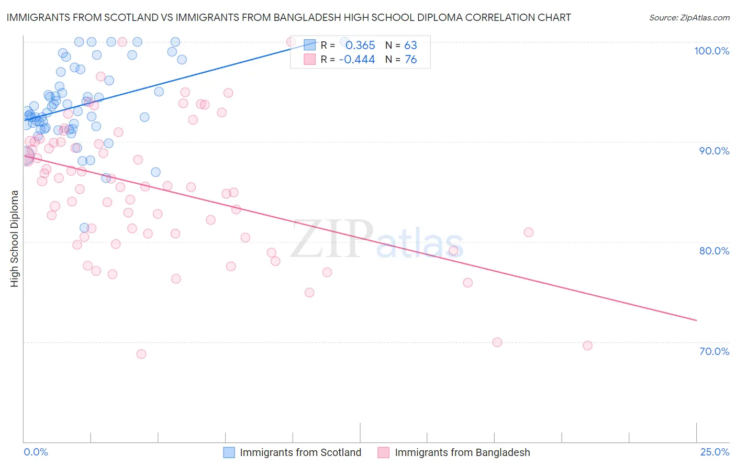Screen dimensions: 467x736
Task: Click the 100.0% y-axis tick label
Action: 711,51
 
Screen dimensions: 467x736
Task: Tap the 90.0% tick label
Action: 714,151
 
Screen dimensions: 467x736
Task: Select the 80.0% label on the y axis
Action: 714,251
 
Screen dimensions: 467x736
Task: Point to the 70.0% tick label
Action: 714,351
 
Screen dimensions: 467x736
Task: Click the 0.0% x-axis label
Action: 36,452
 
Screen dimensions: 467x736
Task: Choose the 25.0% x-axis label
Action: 715,452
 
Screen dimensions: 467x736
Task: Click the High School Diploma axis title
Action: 15,238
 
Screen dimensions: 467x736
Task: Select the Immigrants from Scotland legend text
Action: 300,452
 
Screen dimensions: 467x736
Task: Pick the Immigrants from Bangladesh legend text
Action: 462,452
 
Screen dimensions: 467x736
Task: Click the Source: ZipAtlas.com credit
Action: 689,18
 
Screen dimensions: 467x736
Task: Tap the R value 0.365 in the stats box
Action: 360,46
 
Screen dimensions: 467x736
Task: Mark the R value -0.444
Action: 357,60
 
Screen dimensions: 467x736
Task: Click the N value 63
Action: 410,46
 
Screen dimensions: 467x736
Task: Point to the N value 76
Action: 410,60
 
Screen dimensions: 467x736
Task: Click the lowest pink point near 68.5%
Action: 141,354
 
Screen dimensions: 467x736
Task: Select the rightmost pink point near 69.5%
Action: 587,346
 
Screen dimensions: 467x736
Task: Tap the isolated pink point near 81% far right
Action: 529,232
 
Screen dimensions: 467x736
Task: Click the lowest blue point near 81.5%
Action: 84,228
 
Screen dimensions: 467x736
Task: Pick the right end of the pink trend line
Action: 697,320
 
